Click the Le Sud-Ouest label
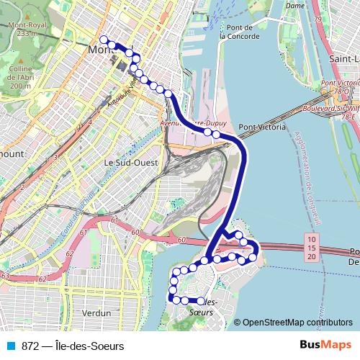coord(130,163)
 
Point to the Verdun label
coord(96,313)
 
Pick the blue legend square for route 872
coord(11,346)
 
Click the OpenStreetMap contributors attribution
coord(297,323)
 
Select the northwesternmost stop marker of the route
coord(104,40)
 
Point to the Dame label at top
coord(295,6)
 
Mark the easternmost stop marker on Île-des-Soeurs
coord(252,257)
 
